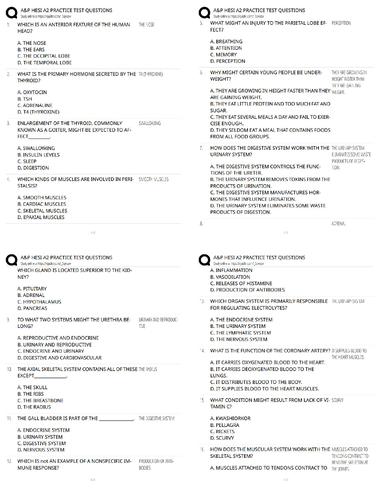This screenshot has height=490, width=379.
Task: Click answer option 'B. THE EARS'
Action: [x=31, y=49]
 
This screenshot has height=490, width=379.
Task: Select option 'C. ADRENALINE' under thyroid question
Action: [x=35, y=105]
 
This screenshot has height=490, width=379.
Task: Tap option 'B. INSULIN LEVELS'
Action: [x=38, y=155]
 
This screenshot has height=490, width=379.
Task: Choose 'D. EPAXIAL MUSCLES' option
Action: [x=41, y=217]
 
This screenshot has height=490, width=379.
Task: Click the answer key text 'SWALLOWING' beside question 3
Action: [x=150, y=123]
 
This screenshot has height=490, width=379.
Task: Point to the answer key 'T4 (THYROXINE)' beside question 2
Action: [x=151, y=74]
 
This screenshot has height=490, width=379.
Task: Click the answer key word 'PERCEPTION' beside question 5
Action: [x=341, y=23]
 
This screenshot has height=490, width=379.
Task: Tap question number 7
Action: [x=201, y=148]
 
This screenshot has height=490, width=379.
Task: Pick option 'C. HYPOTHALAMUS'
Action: [x=39, y=302]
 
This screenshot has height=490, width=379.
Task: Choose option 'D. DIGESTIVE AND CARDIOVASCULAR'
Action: [x=59, y=358]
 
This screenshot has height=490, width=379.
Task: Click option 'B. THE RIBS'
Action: [x=31, y=394]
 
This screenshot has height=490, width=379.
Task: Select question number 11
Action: [x=9, y=419]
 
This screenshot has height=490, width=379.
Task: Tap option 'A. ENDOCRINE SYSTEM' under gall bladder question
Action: [x=43, y=430]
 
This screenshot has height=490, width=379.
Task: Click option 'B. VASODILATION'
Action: [x=230, y=277]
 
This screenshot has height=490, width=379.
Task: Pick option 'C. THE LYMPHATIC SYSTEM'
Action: [x=240, y=333]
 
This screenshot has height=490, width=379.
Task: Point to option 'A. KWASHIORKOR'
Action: [x=230, y=419]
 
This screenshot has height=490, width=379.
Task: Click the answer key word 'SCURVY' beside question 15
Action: [x=337, y=400]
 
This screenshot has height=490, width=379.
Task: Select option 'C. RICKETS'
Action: [x=222, y=432]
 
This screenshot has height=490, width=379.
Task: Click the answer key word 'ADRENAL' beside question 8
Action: [x=338, y=224]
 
